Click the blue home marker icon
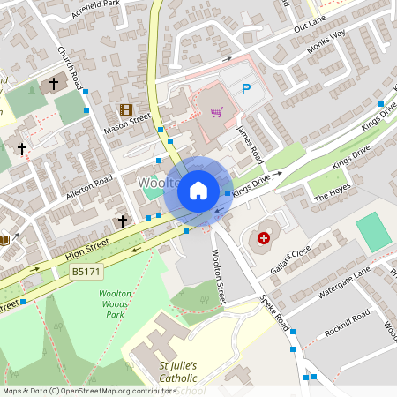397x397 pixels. tap(198, 190)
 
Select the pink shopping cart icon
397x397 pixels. tap(216, 112)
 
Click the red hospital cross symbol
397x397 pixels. tap(263, 237)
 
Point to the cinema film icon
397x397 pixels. tap(125, 110)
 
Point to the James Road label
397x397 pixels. tap(251, 142)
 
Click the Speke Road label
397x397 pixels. tap(275, 313)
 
